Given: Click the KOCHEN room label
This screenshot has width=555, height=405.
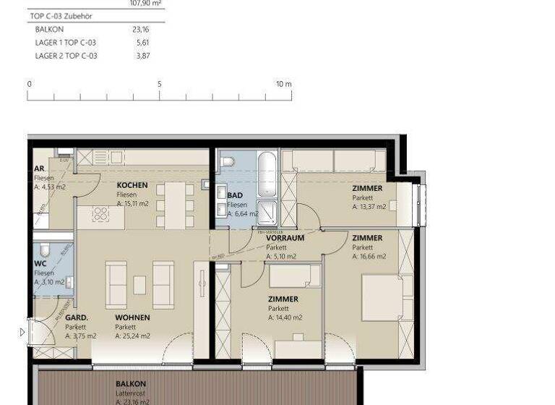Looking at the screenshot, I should [132, 185].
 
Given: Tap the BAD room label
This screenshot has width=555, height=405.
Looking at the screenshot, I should [235, 195].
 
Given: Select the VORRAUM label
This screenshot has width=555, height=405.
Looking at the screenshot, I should [285, 238].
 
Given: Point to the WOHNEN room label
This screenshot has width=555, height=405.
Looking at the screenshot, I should [132, 317].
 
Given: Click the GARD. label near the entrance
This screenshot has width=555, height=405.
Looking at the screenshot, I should [77, 317].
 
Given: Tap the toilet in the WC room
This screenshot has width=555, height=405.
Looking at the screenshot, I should [45, 250].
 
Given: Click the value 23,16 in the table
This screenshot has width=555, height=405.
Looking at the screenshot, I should [140, 30].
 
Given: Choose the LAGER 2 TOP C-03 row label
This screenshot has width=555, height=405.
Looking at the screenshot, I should [66, 56].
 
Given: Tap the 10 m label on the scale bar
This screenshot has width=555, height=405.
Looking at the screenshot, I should [284, 84].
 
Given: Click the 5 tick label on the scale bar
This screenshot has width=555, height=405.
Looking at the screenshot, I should [160, 84].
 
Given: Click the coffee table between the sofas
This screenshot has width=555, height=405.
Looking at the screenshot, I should [139, 284].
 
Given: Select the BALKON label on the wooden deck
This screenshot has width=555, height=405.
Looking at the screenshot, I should [131, 384].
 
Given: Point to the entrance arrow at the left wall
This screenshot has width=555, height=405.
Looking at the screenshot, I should [22, 333].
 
